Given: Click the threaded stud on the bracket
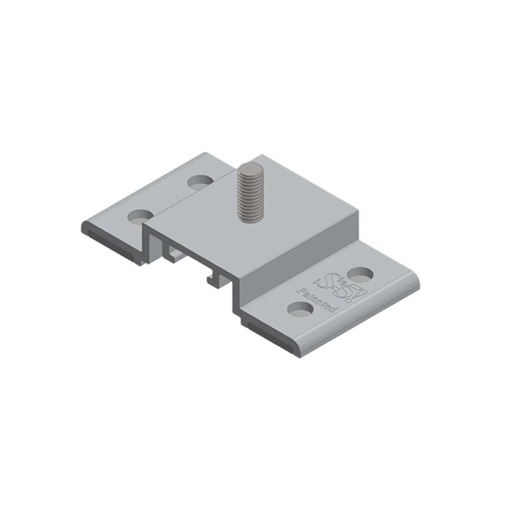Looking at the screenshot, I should pos(246,192).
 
